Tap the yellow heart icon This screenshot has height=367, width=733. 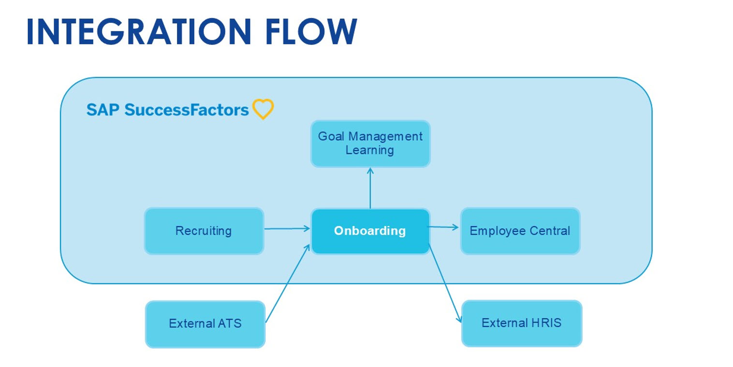point(263,109)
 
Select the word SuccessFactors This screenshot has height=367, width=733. point(187,110)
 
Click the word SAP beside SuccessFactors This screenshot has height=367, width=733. point(103,110)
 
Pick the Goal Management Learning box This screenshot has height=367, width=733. point(370,144)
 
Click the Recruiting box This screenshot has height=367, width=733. point(204,231)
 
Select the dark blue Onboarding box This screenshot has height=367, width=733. point(370,231)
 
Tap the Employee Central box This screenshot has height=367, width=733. point(520,231)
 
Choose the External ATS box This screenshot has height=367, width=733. point(205,324)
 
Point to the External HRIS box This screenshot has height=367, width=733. point(522,323)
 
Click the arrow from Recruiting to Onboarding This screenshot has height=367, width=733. point(287,228)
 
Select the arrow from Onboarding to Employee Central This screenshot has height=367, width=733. point(444,227)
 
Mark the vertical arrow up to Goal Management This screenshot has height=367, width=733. point(370,188)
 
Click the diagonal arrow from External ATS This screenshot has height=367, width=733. point(288,283)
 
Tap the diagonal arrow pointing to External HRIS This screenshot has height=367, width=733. point(445,283)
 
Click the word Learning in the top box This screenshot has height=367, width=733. point(370,150)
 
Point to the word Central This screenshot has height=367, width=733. point(550,231)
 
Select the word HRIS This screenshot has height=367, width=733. point(546,323)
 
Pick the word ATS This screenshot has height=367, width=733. point(230,324)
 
